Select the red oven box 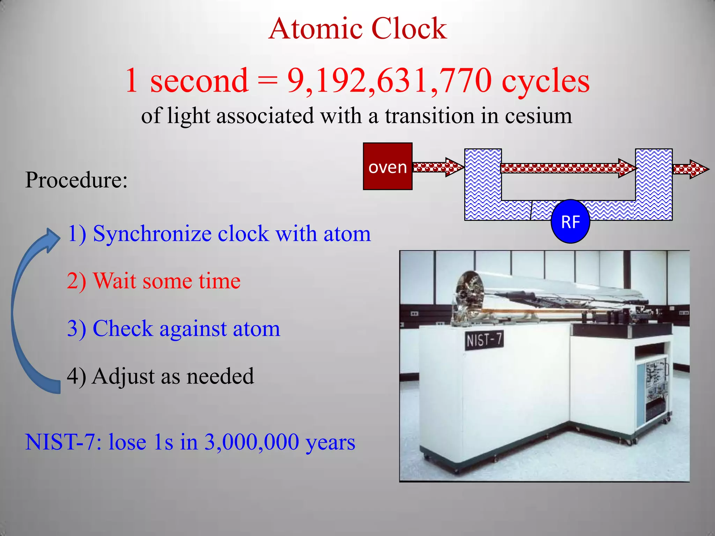pyautogui.click(x=388, y=166)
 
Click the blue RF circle pyautogui.click(x=570, y=222)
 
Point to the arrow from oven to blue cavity pyautogui.click(x=438, y=167)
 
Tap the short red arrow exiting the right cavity pyautogui.click(x=690, y=169)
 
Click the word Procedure pyautogui.click(x=76, y=180)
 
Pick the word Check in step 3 pyautogui.click(x=123, y=328)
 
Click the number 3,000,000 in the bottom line pyautogui.click(x=251, y=442)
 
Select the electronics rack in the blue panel pyautogui.click(x=652, y=391)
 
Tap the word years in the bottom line pyautogui.click(x=330, y=442)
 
